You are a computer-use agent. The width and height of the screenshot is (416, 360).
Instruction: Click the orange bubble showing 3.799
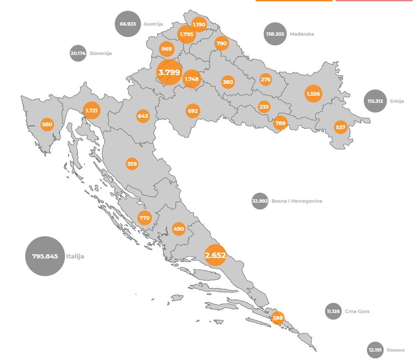[x=169, y=73]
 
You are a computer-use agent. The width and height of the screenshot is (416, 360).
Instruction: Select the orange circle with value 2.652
[x=215, y=255]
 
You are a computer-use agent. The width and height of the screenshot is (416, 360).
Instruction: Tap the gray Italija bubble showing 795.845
[x=45, y=256]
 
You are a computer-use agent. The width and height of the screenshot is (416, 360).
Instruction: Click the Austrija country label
[x=153, y=24]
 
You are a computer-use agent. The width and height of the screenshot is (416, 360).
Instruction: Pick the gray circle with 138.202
[x=275, y=34]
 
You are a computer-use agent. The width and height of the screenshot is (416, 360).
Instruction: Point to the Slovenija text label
[x=101, y=53]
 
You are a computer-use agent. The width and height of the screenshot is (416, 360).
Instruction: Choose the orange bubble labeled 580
[x=47, y=125]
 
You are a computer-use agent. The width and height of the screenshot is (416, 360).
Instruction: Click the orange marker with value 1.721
[x=91, y=111]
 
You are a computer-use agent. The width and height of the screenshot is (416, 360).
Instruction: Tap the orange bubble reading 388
[x=278, y=318]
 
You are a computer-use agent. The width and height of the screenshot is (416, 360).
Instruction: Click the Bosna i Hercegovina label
[x=297, y=201]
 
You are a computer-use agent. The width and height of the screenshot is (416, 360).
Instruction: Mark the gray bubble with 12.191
[x=375, y=350]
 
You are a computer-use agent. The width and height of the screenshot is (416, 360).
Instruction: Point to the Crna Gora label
[x=357, y=311]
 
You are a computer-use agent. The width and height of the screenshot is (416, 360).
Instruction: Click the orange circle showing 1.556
[x=313, y=94]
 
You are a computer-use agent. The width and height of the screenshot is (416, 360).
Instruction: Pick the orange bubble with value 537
[x=341, y=127]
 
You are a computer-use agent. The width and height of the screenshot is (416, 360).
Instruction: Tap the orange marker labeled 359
[x=132, y=164]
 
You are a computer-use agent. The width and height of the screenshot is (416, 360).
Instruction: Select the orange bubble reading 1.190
[x=199, y=24]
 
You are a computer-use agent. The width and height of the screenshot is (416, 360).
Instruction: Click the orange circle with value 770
[x=144, y=218]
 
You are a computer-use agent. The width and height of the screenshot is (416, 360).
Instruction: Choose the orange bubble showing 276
[x=266, y=79]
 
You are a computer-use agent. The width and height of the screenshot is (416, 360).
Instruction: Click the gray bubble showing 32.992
[x=260, y=201]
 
